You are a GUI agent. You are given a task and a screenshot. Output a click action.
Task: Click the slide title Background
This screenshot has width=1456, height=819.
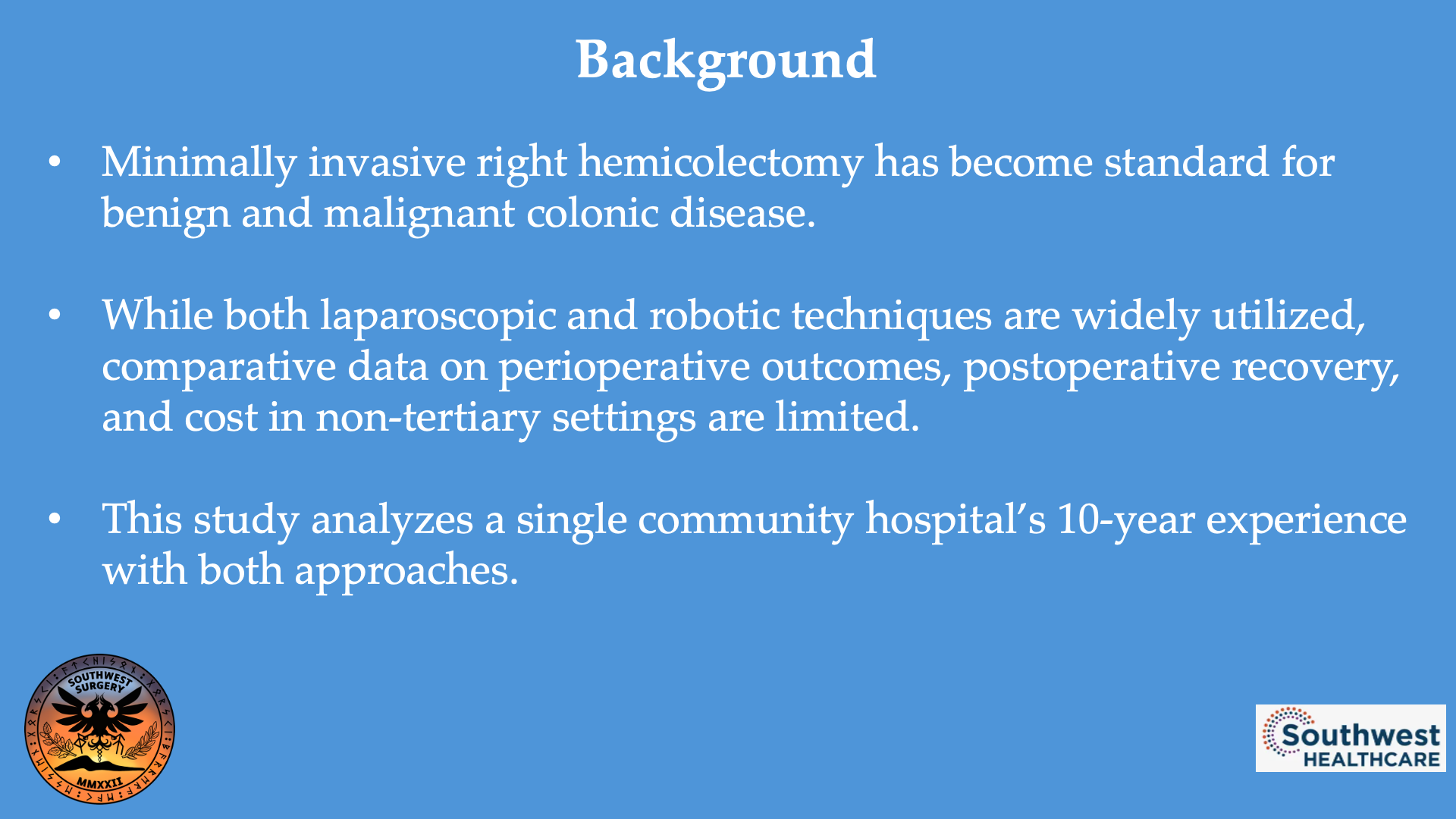(x=726, y=60)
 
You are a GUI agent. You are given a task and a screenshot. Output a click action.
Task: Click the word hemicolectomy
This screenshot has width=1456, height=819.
(x=720, y=162)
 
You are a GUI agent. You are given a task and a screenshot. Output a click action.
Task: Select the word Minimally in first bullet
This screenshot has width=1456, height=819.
(x=199, y=162)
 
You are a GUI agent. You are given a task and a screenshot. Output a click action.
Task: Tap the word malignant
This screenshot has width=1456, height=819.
(x=419, y=213)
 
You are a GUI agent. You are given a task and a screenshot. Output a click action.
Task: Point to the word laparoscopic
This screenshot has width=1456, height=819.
(x=438, y=315)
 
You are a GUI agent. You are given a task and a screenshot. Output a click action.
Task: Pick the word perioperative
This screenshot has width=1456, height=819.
(x=624, y=367)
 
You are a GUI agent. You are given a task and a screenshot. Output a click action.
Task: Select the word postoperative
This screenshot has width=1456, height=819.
(x=1091, y=367)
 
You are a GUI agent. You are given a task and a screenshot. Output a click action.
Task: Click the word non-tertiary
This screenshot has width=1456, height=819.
(x=427, y=418)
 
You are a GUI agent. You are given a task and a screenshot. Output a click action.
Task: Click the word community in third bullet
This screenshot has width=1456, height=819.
(x=745, y=520)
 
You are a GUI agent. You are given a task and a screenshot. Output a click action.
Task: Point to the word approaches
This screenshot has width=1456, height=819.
(x=406, y=571)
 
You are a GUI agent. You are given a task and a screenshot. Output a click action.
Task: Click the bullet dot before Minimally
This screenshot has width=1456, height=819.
(x=55, y=162)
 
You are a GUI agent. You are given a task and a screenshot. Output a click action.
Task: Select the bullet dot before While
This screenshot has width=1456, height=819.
(x=55, y=315)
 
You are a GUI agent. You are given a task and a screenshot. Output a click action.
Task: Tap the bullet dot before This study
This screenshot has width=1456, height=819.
(x=55, y=520)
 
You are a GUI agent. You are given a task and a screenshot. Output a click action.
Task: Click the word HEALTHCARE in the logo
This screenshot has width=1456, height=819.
(x=1371, y=759)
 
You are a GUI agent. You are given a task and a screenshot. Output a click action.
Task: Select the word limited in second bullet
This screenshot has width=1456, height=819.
(x=846, y=418)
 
